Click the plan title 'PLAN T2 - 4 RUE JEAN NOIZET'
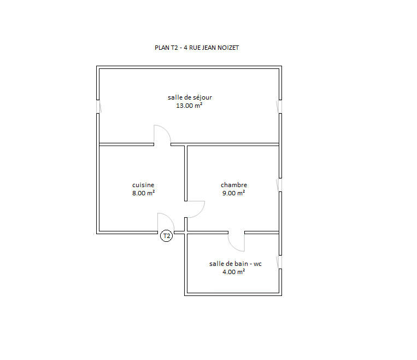[197, 48]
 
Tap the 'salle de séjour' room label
[190, 97]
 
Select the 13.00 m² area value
[189, 106]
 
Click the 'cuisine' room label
[143, 185]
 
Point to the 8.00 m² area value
[143, 193]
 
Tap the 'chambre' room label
[234, 185]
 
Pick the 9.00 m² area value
[233, 193]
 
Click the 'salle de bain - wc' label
[236, 264]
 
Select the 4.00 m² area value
[233, 272]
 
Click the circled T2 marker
[166, 236]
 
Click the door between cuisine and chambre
[195, 208]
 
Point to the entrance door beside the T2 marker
[166, 223]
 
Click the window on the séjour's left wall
[98, 107]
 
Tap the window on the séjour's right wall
[279, 107]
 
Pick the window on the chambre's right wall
[280, 185]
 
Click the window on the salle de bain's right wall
[280, 262]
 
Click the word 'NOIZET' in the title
[228, 48]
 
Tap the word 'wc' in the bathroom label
[257, 264]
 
